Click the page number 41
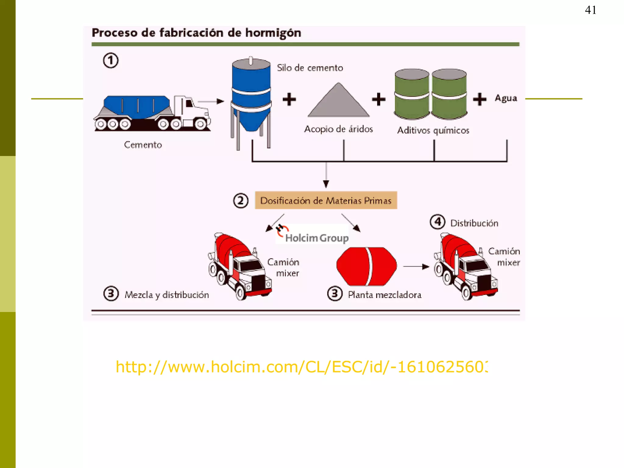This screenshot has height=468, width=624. [590, 10]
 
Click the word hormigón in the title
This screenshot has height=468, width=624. [273, 33]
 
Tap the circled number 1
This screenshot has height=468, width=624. [111, 61]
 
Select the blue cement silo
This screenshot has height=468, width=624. [251, 94]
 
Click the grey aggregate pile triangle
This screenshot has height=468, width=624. [338, 102]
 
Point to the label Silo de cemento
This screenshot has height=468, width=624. [310, 68]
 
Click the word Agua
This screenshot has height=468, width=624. [506, 98]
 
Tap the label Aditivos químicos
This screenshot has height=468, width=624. [433, 130]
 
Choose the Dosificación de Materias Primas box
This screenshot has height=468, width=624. [326, 200]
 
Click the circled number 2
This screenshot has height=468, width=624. [241, 201]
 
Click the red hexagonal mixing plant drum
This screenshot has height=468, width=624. [367, 266]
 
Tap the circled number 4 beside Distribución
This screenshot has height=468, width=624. [438, 222]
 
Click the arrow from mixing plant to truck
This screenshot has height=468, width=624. [416, 267]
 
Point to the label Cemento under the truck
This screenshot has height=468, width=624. [143, 145]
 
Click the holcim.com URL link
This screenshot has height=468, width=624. [302, 367]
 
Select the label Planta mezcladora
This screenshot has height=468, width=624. [385, 295]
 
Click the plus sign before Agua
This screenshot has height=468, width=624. [480, 99]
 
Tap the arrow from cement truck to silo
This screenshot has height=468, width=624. [211, 101]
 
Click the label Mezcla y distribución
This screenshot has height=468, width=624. [167, 295]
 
